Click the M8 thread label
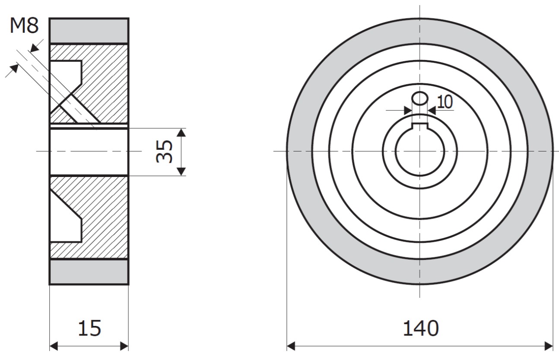pos(24,25)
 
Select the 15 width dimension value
pos(89,328)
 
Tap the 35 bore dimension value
pos(164,152)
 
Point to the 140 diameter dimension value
pos(421,328)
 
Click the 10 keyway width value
pos(445,102)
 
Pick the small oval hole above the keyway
pos(420,98)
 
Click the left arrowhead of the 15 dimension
pos(54,346)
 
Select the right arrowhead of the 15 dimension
pos(124,346)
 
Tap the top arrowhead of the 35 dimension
pos(181,133)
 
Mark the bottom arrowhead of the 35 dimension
pos(181,172)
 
